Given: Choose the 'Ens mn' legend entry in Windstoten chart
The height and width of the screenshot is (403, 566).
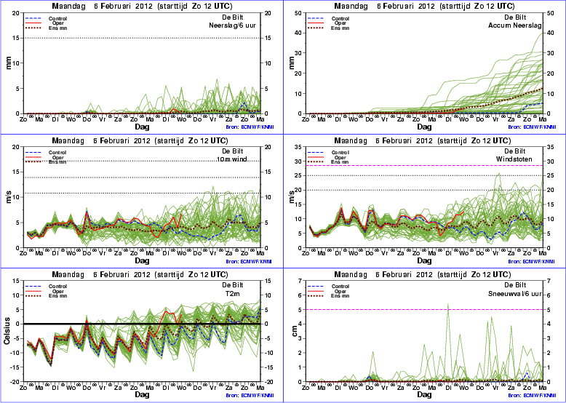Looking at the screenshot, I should [x=340, y=161].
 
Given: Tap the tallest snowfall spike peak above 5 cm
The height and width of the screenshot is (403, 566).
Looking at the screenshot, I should [x=447, y=304].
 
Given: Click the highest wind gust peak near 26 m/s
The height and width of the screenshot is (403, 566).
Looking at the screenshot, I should [x=498, y=173].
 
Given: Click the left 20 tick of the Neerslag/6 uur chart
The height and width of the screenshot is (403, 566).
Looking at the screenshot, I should [x=17, y=13].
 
